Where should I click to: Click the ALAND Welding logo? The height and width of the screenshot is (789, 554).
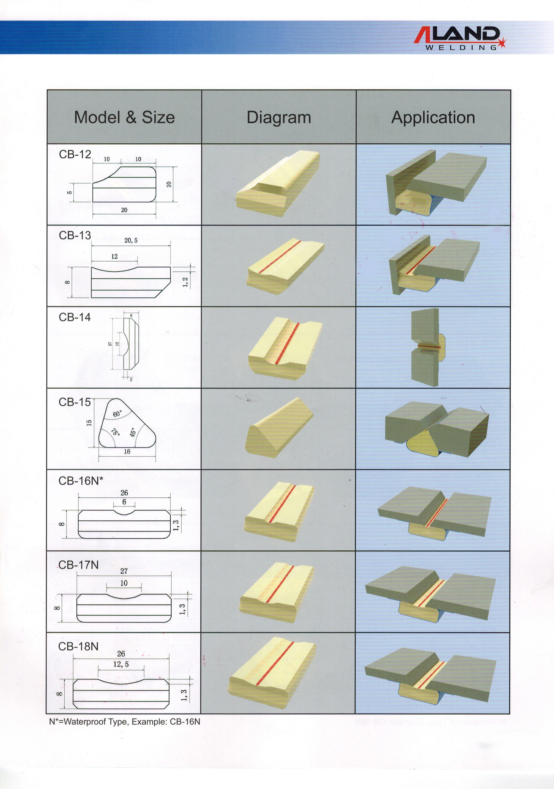(x=460, y=39)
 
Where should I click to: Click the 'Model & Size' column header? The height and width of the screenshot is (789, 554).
(x=124, y=117)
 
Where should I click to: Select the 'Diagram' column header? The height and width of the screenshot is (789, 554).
(x=279, y=117)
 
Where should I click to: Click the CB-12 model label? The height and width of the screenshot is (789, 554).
(x=75, y=154)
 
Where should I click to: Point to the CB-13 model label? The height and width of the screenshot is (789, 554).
(x=75, y=235)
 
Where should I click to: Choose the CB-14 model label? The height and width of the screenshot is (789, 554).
(x=75, y=317)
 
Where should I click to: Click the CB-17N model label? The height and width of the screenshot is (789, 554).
(x=78, y=565)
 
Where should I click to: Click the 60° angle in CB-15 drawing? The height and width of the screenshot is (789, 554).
(x=117, y=414)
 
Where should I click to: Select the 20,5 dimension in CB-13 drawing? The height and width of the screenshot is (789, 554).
(x=131, y=241)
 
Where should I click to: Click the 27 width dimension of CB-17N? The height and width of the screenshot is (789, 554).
(x=124, y=571)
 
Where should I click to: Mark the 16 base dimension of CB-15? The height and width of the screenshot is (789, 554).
(x=127, y=451)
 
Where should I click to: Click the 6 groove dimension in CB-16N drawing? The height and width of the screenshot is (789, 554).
(x=124, y=502)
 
